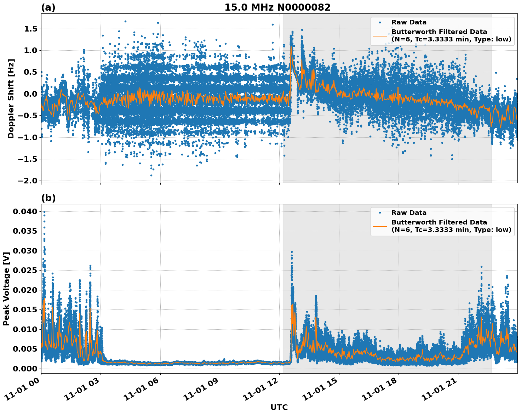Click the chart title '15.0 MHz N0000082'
click(277, 7)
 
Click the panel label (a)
click(48, 7)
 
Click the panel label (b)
click(48, 198)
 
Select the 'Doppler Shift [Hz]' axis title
click(11, 98)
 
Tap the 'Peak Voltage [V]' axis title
click(6, 289)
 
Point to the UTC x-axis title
click(279, 407)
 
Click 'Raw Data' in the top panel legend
click(409, 22)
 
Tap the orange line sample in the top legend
click(380, 35)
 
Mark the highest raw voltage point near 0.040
click(44, 212)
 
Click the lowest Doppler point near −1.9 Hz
click(151, 175)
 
